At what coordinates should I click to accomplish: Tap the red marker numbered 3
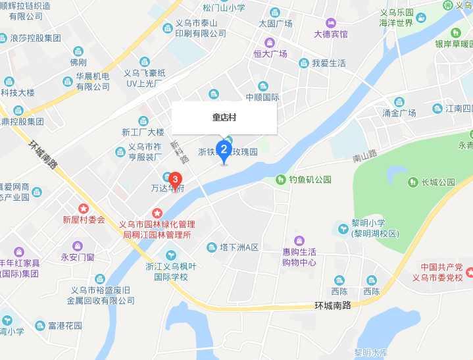pyautogui.click(x=175, y=179)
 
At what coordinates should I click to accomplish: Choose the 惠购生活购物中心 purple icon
pyautogui.click(x=299, y=240)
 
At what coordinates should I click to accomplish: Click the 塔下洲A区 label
pyautogui.click(x=239, y=247)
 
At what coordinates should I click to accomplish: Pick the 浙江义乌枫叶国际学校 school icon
pyautogui.click(x=171, y=255)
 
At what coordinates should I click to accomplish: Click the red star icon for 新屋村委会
pyautogui.click(x=84, y=208)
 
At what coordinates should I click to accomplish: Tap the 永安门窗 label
pyautogui.click(x=78, y=257)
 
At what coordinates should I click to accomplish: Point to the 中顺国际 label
pyautogui.click(x=262, y=97)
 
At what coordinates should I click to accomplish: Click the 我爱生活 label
pyautogui.click(x=328, y=63)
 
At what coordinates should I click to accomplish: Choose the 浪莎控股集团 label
pyautogui.click(x=36, y=38)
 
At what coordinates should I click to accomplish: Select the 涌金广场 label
pyautogui.click(x=399, y=113)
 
